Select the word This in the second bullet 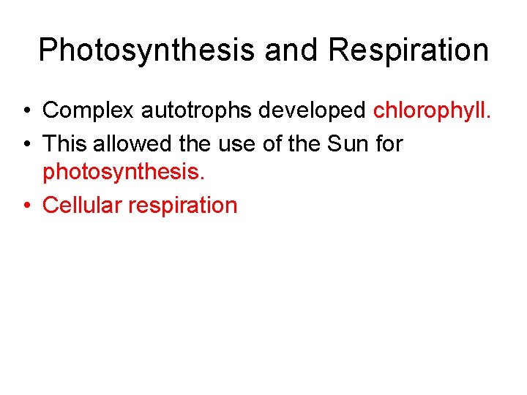click(64, 143)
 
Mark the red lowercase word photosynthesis click(120, 173)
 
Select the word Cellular click(83, 205)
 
